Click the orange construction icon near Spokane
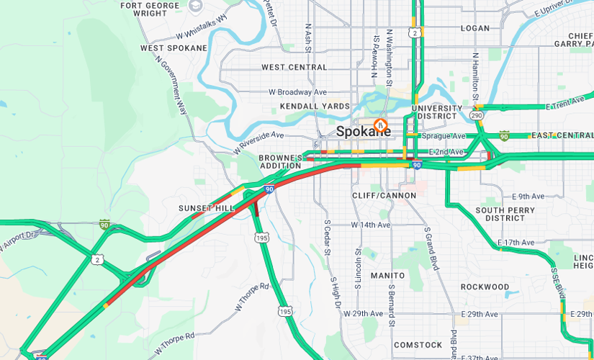tap(382, 125)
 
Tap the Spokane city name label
tap(359, 132)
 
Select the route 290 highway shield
tap(477, 114)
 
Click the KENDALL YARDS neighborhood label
tap(315, 107)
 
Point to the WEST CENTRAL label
tap(294, 68)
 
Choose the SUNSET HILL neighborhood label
tap(207, 208)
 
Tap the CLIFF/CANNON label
tap(384, 196)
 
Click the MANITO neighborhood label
tap(388, 276)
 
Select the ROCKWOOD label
tap(485, 287)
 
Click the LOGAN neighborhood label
tap(474, 29)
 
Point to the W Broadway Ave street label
tap(297, 92)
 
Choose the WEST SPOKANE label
tap(174, 48)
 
